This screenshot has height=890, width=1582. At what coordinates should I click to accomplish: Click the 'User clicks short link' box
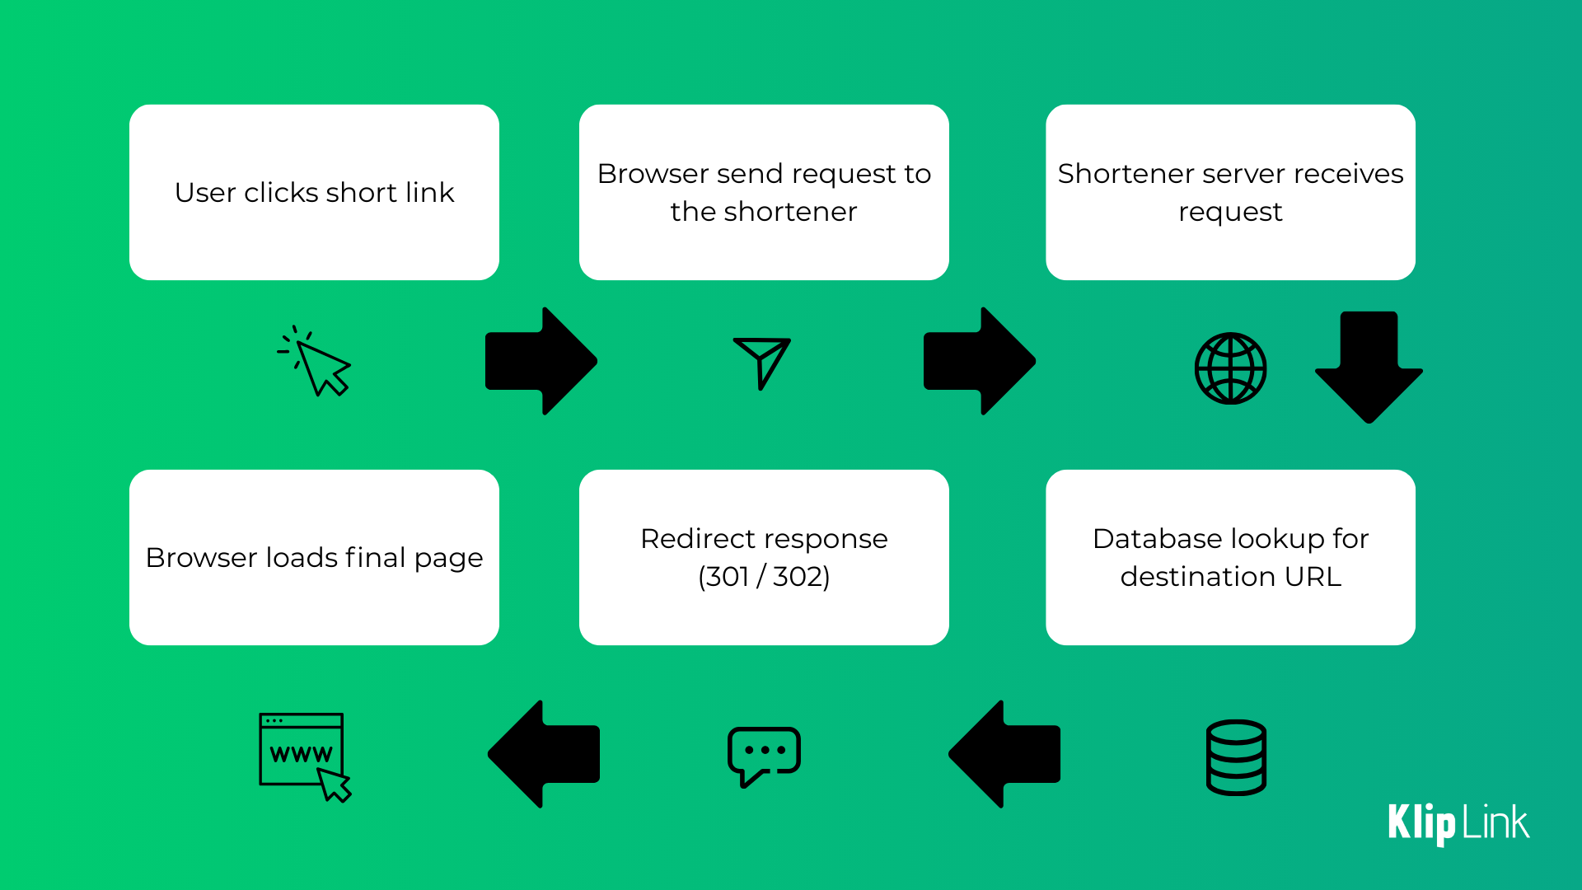click(314, 192)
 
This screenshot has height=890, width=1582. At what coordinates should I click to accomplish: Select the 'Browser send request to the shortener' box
click(764, 192)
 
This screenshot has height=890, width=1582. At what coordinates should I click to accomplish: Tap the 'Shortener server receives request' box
click(1230, 192)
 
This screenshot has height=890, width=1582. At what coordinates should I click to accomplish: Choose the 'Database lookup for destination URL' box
click(1230, 557)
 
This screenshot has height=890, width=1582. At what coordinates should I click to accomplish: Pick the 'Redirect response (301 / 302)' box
click(764, 557)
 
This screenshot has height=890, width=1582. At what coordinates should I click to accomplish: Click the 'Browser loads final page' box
click(314, 557)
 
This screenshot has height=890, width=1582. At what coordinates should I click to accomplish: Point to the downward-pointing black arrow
click(1369, 367)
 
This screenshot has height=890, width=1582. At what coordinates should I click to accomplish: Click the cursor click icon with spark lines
click(317, 363)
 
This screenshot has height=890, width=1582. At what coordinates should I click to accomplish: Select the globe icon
click(1230, 368)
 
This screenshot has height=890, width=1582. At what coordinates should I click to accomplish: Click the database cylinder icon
click(1236, 757)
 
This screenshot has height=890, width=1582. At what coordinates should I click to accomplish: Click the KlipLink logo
click(1458, 823)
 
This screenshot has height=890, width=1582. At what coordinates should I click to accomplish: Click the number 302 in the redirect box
click(801, 577)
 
